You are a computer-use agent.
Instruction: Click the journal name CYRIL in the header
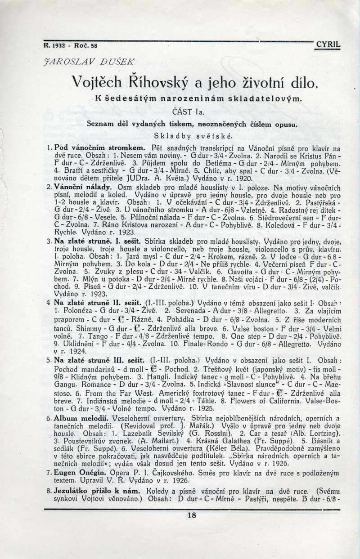point(328,45)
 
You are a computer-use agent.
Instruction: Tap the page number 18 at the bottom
point(192,516)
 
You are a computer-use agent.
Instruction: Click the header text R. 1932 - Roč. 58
point(71,45)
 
